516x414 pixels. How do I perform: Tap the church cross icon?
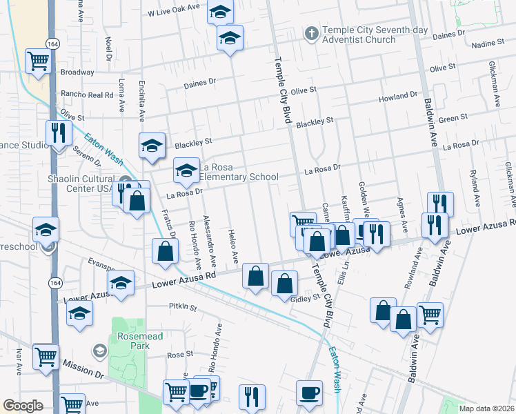tap(311, 33)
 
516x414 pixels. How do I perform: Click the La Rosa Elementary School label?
tap(239, 172)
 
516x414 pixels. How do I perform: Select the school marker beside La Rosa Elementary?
tap(186, 171)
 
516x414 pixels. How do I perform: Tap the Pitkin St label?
tap(183, 306)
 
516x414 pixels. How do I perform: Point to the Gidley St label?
tap(306, 298)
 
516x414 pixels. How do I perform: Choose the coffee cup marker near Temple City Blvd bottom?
tap(308, 392)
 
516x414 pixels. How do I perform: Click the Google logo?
tap(23, 406)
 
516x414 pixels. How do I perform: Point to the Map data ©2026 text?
tap(486, 408)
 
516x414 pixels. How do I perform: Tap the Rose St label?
tap(179, 354)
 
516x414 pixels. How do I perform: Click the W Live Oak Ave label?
tap(174, 12)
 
